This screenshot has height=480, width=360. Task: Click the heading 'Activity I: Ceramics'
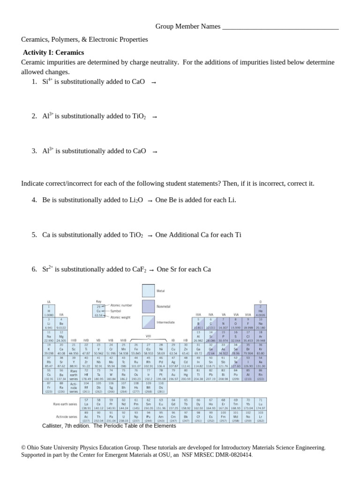53,52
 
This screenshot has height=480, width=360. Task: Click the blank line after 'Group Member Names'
280,27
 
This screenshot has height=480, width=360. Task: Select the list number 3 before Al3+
34,151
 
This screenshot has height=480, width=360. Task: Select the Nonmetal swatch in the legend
148,307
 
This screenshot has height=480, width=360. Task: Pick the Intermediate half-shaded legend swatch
148,322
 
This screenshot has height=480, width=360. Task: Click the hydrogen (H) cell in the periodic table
49,311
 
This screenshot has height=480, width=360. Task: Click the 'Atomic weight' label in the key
120,317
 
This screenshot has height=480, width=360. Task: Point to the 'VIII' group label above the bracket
148,336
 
